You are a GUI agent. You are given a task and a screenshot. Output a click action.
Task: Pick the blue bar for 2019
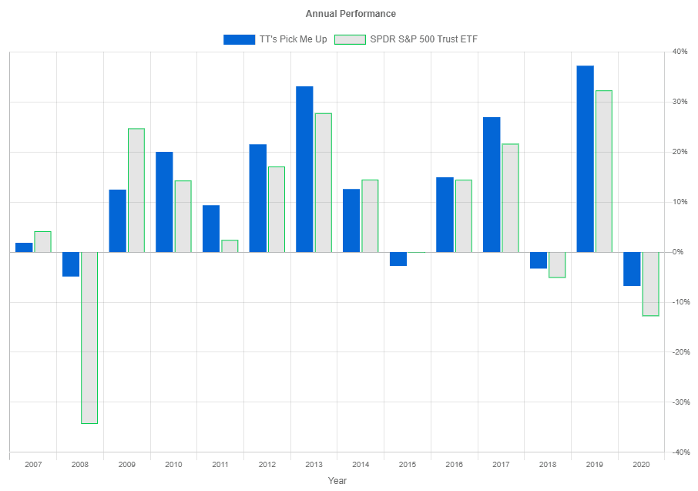point(586,159)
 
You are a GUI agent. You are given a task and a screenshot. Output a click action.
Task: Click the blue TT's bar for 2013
point(304,169)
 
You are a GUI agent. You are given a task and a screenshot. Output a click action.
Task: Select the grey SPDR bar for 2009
point(136,190)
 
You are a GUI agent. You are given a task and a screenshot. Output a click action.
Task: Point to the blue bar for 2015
point(398,259)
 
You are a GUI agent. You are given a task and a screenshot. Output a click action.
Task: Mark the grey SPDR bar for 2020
point(651,284)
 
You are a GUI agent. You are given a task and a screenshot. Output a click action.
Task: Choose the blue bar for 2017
point(492,184)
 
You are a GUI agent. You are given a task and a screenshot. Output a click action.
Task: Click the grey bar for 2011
point(230,246)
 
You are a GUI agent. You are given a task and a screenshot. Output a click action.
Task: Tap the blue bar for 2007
point(24,247)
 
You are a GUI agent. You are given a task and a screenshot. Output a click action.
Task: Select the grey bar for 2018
point(557,264)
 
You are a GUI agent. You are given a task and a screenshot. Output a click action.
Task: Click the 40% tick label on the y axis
point(680,52)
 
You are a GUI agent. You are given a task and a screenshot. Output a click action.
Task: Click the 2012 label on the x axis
point(267,465)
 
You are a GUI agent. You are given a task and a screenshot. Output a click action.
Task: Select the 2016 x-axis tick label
point(455,465)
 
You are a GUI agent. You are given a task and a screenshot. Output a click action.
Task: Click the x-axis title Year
point(337,480)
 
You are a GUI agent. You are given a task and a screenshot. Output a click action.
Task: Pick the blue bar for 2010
point(164,202)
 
